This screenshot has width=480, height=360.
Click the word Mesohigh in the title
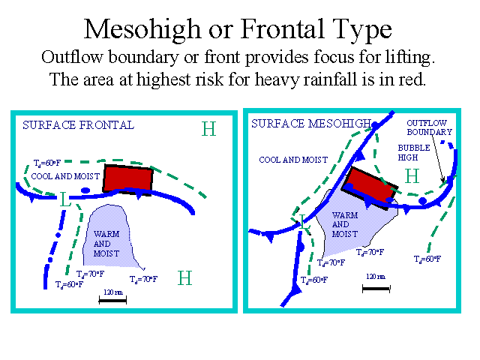coord(142,30)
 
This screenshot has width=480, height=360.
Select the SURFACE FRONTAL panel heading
coord(78,125)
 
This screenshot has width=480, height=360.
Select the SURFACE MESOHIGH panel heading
coord(311,124)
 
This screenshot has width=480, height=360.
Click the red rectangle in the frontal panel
coord(127,180)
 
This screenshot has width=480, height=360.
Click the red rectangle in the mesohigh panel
coord(370,187)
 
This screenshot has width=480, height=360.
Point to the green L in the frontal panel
coord(65,199)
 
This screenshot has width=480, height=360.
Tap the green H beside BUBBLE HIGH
coord(412,176)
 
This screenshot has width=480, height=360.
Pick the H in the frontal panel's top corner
coord(208,129)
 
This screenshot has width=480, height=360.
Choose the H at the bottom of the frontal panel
coord(185,278)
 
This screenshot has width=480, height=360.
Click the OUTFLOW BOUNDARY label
coord(429,127)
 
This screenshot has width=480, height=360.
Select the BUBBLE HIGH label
coord(414,152)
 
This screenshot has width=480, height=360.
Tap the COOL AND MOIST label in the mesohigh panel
coord(293,160)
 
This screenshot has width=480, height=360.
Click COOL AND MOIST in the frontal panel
coord(65,176)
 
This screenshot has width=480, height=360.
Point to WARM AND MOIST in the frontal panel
coord(106,244)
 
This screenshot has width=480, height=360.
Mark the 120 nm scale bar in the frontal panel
coord(112,301)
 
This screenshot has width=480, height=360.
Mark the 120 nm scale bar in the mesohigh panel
coord(376,289)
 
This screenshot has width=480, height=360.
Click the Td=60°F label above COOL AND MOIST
coord(47,163)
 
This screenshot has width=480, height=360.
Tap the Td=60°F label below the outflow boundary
coord(427,259)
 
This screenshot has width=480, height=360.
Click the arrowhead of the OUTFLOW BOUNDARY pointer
coord(442,180)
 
